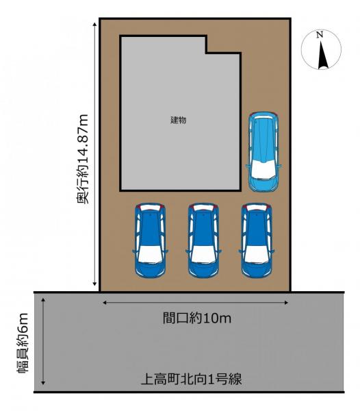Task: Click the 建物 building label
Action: tap(179, 120)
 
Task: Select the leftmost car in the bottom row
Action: tap(150, 240)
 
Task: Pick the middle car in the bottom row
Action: tap(203, 240)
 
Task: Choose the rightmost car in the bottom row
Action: tap(255, 240)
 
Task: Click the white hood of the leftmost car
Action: tap(150, 256)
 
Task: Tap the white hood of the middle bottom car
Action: tap(203, 256)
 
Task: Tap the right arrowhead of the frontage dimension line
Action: tap(285, 302)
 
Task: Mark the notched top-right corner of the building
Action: tap(207, 52)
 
